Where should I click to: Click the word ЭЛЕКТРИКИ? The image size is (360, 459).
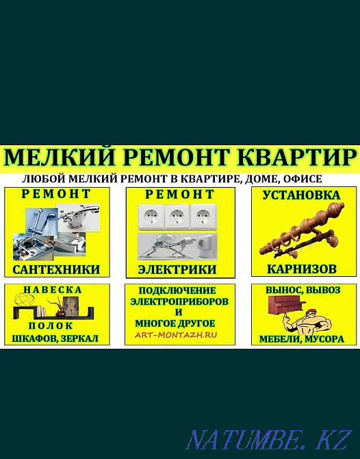click(x=180, y=269)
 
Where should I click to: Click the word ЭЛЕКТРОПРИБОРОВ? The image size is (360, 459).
click(x=180, y=301)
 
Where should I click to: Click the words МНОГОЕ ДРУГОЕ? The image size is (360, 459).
click(x=180, y=323)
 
